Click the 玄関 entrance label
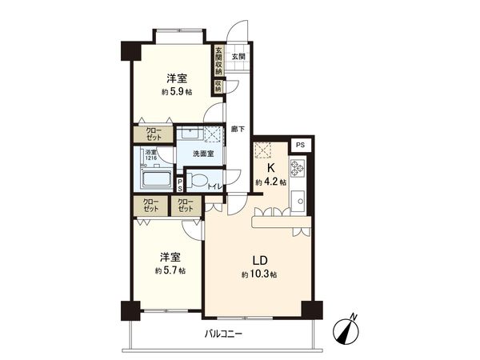(x=238, y=56)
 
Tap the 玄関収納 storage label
(x=218, y=61)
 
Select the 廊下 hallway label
(x=237, y=128)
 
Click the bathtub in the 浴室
(x=157, y=178)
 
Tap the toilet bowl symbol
(x=198, y=180)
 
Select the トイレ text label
(x=214, y=187)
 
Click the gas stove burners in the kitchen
(x=299, y=169)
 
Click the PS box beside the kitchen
(x=299, y=145)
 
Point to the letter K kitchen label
(x=271, y=168)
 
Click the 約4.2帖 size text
(x=271, y=182)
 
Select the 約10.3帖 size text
(x=260, y=274)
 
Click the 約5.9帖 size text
(x=177, y=92)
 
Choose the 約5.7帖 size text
(x=170, y=270)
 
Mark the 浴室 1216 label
(x=150, y=154)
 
